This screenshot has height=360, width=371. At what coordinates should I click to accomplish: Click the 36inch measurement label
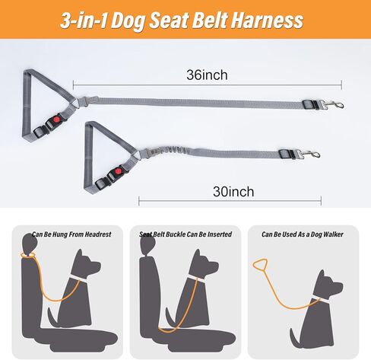pos(207,75)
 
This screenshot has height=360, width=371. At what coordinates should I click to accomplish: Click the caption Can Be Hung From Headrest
pos(71,234)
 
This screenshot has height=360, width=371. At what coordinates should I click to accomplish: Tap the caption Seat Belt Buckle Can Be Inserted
pos(185,234)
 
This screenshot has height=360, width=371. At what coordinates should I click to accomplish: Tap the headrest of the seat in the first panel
pos(29,245)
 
